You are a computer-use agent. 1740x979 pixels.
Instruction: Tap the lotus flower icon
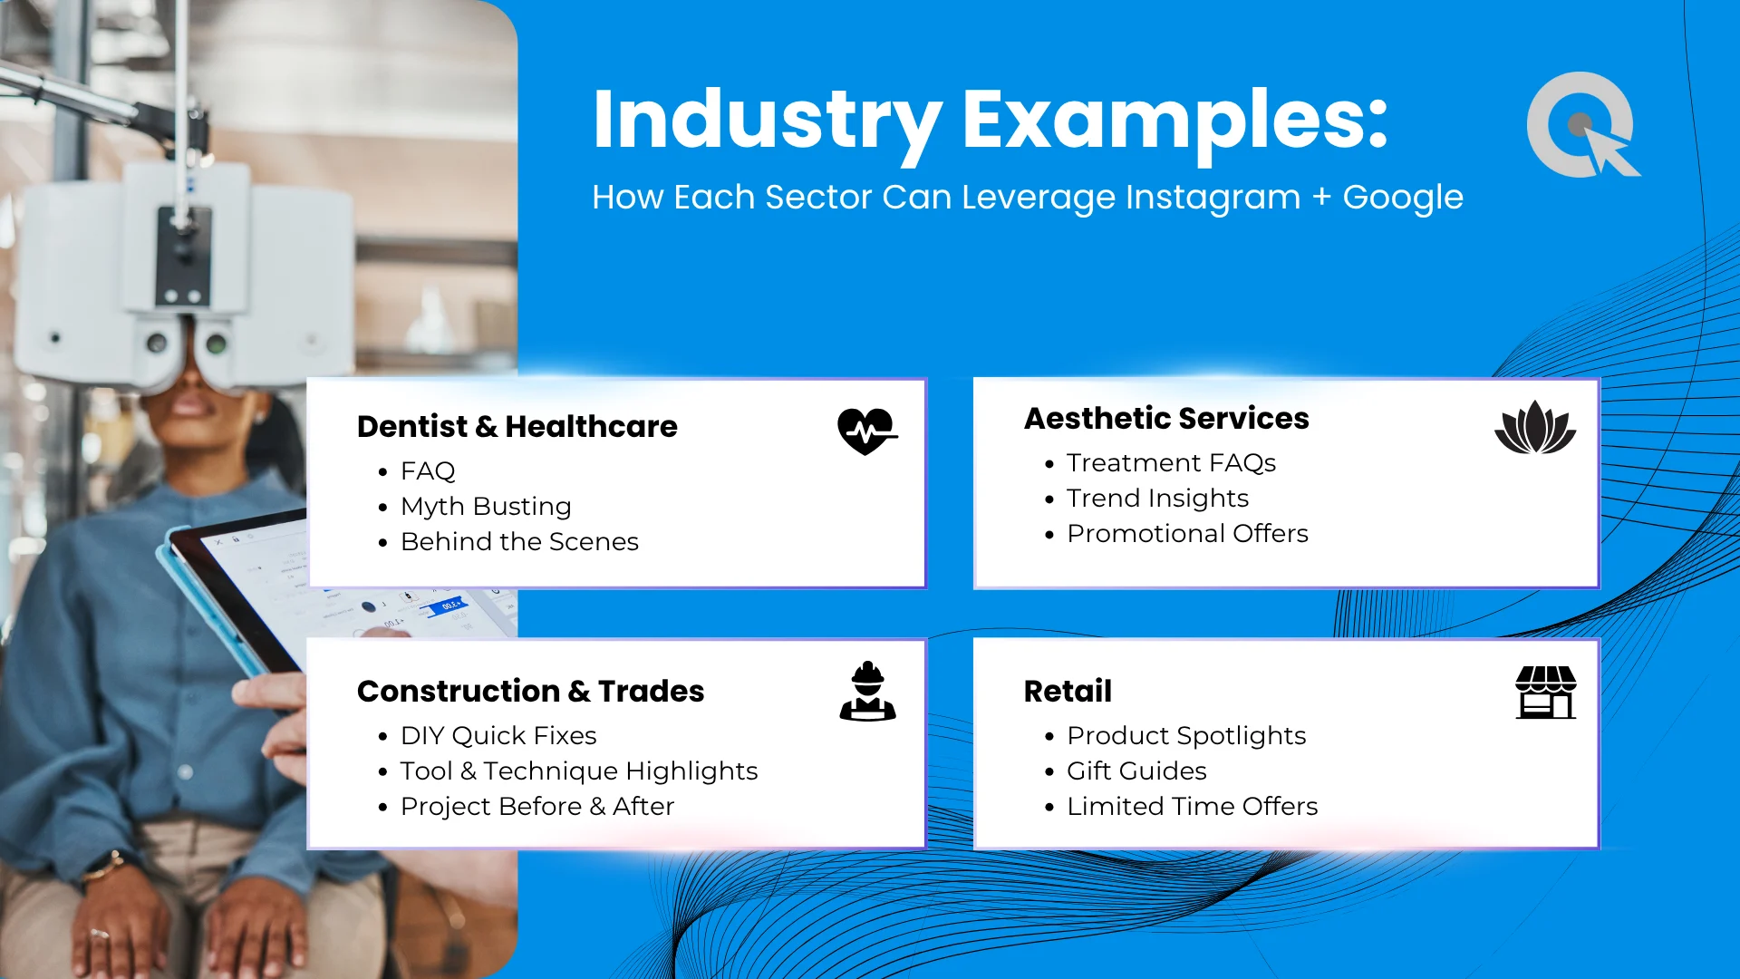coord(1535,427)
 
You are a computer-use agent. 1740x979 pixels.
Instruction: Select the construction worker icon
coord(867,691)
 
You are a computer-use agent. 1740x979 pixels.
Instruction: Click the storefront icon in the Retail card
coord(1546,693)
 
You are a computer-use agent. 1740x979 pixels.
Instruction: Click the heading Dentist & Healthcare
coord(517,426)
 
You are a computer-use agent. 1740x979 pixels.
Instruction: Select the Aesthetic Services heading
coord(1166,418)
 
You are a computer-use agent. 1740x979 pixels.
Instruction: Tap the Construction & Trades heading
coord(530,691)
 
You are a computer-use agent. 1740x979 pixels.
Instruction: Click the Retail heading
coord(1068,691)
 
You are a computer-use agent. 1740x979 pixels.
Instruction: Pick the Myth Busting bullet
coord(486,506)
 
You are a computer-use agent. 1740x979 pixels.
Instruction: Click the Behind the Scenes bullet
coord(519,541)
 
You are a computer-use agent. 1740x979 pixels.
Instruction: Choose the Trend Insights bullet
coord(1157,498)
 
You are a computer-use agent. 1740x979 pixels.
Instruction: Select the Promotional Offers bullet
coord(1187,533)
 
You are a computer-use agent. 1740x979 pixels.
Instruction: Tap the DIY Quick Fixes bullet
coord(498,735)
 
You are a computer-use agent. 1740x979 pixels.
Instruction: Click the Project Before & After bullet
coord(537,806)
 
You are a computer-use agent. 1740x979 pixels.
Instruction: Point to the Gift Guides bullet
coord(1136,771)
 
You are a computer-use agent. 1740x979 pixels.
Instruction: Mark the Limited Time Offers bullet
coord(1192,806)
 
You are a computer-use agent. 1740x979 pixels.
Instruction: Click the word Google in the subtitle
coord(1403,198)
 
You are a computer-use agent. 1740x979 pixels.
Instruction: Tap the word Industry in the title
coord(768,121)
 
